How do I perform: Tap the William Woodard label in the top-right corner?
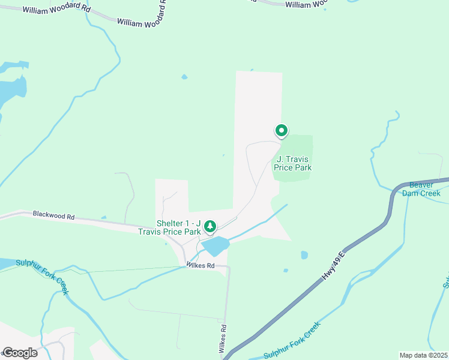point(306,5)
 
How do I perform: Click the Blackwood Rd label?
point(53,214)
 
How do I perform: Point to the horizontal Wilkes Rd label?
point(200,265)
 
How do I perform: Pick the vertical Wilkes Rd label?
point(223,338)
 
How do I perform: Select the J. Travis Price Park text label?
point(293,163)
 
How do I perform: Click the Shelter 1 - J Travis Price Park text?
point(178,227)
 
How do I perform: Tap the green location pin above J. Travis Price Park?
point(281,130)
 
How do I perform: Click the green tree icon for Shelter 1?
point(209,226)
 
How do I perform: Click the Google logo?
point(20,353)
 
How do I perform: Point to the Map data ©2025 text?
point(423,355)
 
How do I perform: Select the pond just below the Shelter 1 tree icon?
point(215,245)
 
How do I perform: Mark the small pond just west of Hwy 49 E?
point(304,255)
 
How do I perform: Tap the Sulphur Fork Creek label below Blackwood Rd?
point(42,277)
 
